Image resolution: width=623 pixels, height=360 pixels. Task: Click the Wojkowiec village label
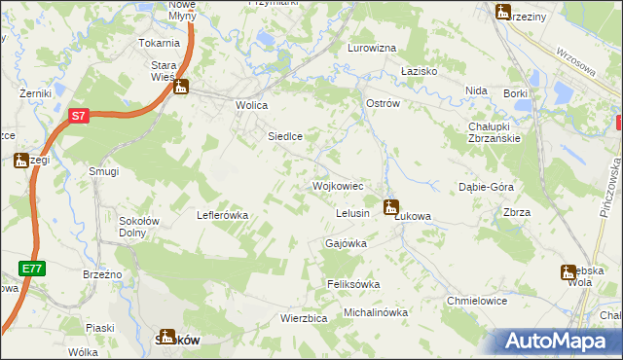pyautogui.click(x=338, y=185)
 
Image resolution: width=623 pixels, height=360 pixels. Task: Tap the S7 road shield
pyautogui.click(x=80, y=116)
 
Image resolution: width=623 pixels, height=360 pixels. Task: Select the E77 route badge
pyautogui.click(x=30, y=266)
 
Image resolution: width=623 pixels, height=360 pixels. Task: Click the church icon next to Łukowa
pyautogui.click(x=391, y=206)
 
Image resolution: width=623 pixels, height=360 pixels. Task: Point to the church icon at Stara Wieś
pyautogui.click(x=181, y=88)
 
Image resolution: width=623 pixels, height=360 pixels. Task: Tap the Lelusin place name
pyautogui.click(x=352, y=213)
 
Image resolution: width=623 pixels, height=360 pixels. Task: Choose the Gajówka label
pyautogui.click(x=346, y=243)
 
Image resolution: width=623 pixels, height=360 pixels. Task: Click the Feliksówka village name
pyautogui.click(x=352, y=284)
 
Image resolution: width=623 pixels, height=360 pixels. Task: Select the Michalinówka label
pyautogui.click(x=376, y=312)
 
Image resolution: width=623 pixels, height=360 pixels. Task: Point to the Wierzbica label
pyautogui.click(x=275, y=317)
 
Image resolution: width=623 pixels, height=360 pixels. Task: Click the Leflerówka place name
pyautogui.click(x=224, y=215)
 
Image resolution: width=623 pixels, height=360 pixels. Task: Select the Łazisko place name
pyautogui.click(x=421, y=72)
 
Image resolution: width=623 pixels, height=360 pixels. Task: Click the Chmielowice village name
pyautogui.click(x=477, y=301)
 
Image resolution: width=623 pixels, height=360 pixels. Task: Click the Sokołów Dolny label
pyautogui.click(x=139, y=227)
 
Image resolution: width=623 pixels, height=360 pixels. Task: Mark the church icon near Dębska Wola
pyautogui.click(x=568, y=272)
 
